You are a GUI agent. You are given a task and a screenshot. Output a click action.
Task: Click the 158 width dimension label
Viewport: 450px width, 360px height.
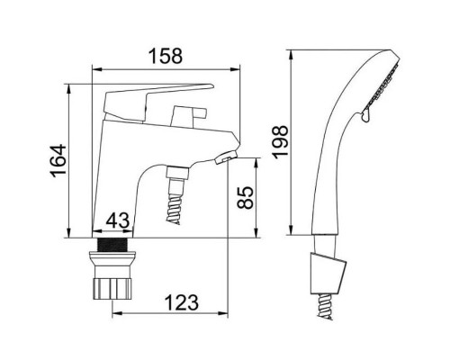point(166,56)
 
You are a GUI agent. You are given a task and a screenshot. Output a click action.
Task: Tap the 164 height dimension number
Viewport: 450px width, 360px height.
point(58,161)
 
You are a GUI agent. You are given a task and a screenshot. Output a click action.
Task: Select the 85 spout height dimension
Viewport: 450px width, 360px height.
point(245,197)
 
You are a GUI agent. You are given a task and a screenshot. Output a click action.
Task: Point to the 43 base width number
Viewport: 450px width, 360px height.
point(118,220)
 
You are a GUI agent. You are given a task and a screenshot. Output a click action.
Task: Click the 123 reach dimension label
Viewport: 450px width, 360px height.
point(182,302)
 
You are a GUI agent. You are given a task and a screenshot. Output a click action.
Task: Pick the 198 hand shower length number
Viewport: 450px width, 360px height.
point(280,141)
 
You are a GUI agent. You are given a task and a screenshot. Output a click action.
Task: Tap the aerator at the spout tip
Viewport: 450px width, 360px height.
point(226,157)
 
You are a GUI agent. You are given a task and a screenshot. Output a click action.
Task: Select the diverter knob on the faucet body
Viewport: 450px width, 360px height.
point(188,116)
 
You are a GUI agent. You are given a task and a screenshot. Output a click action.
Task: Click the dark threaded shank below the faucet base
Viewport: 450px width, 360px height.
point(112,245)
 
